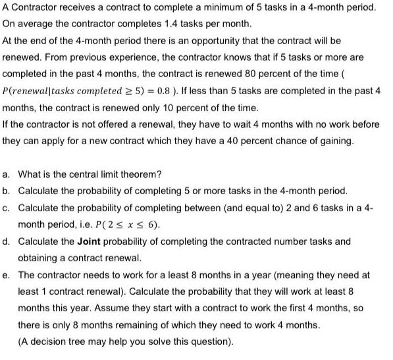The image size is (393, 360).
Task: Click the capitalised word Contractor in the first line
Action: [34, 7]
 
